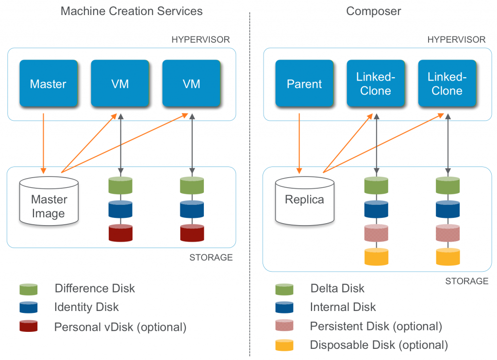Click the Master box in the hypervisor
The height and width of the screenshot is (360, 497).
coord(48,83)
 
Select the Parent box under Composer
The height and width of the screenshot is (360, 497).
coord(304,83)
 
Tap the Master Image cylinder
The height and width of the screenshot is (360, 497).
coord(49,200)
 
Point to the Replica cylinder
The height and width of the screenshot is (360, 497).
coord(304,200)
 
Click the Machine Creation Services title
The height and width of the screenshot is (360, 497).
coord(132,11)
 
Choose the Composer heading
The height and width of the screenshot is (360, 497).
coord(373,11)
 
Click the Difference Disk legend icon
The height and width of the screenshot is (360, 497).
coord(28,289)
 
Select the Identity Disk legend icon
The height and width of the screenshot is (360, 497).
coord(28,307)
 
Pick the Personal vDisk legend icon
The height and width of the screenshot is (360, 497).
coord(28,326)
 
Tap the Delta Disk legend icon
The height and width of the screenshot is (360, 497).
coord(284,289)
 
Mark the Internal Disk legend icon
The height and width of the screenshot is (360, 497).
coord(284,307)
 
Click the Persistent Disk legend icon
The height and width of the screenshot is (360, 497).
coord(284,326)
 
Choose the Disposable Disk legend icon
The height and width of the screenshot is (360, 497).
coord(284,345)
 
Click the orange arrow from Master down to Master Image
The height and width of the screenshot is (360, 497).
coord(44,143)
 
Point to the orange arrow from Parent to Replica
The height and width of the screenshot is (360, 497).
coord(299,143)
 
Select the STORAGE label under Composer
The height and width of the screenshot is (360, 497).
coord(466,281)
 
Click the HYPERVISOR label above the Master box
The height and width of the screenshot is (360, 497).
coord(200,39)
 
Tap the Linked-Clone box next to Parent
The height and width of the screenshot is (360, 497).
coord(376,83)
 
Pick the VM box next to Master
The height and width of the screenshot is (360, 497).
coord(120,83)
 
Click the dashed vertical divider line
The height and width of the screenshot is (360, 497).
coord(249,184)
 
